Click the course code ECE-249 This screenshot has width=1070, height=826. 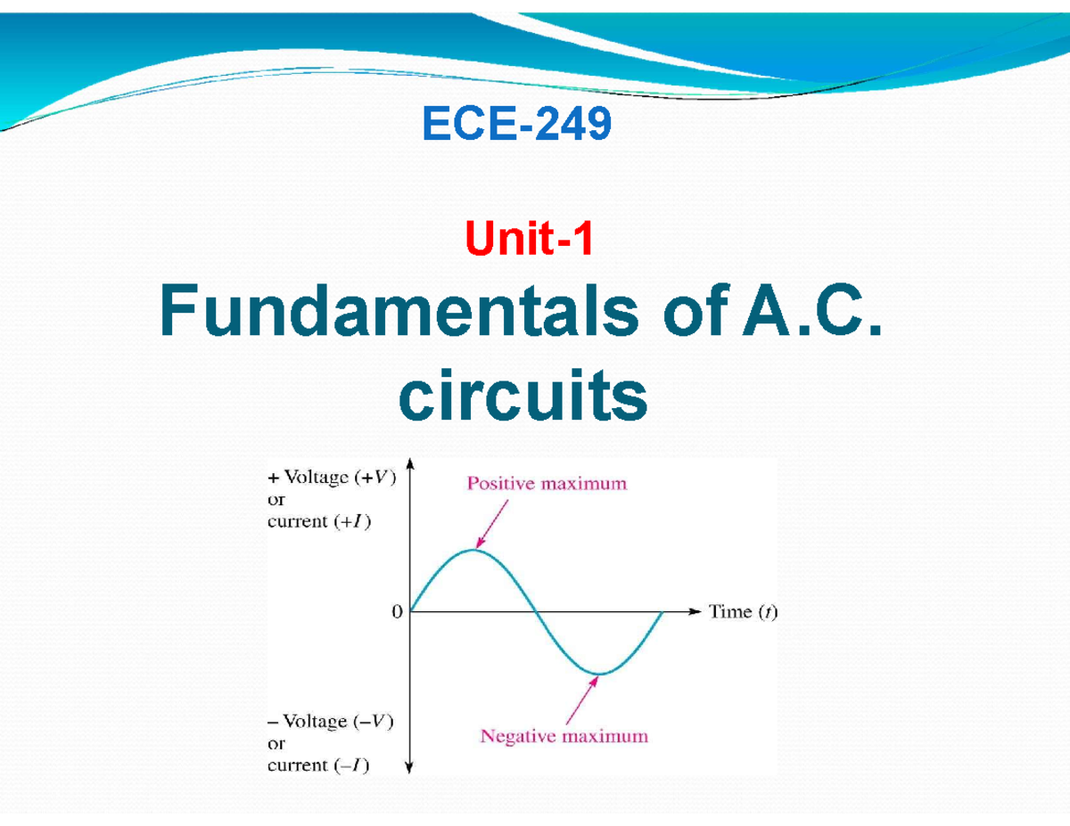(x=517, y=126)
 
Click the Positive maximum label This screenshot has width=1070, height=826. (x=547, y=484)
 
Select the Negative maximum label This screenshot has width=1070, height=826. (x=564, y=736)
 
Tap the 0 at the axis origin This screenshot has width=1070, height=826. (x=395, y=612)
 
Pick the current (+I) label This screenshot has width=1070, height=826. (x=318, y=521)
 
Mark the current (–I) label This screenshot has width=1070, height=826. (x=318, y=765)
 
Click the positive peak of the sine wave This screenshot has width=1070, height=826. (x=473, y=551)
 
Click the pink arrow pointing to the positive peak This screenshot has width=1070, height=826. (x=492, y=523)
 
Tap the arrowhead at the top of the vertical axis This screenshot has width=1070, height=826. (x=409, y=463)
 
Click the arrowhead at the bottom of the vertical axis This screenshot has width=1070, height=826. (x=409, y=765)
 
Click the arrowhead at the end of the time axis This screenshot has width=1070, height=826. (x=697, y=612)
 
